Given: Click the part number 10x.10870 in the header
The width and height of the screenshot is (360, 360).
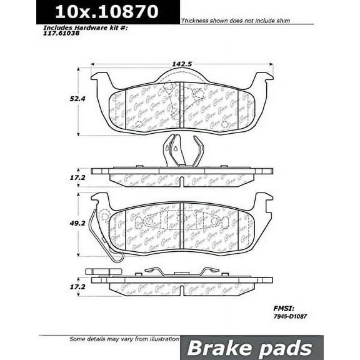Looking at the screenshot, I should click(x=106, y=11).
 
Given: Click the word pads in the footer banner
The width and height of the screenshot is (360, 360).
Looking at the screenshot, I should click(x=285, y=348).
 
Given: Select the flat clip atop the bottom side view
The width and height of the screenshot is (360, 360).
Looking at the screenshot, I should click(x=181, y=271).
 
